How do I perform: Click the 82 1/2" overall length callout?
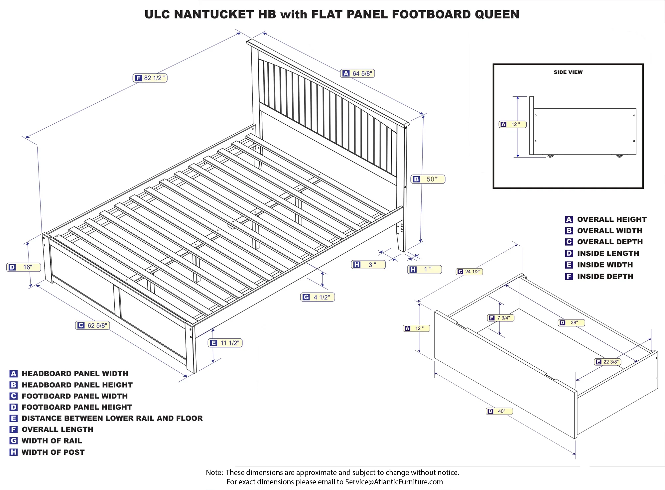[x=150, y=78]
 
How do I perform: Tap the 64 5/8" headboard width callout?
[x=357, y=73]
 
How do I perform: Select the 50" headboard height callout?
[x=428, y=179]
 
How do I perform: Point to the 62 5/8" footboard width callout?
[x=92, y=325]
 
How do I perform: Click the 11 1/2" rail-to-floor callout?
[x=225, y=343]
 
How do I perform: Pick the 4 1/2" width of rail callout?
[x=318, y=297]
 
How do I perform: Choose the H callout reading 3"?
[x=368, y=265]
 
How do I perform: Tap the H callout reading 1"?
[x=425, y=269]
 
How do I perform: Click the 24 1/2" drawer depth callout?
[x=469, y=272]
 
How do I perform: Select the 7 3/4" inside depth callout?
[x=501, y=318]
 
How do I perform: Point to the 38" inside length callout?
[x=571, y=322]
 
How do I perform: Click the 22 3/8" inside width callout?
[x=607, y=362]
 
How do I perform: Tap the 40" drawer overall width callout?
[x=499, y=411]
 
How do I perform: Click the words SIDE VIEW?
[x=568, y=72]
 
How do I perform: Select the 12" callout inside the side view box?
[x=512, y=124]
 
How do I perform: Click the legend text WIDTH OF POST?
[x=53, y=452]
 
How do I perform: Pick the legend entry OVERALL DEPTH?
[x=610, y=242]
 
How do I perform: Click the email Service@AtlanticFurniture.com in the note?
[x=394, y=482]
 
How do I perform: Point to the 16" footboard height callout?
[x=24, y=267]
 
